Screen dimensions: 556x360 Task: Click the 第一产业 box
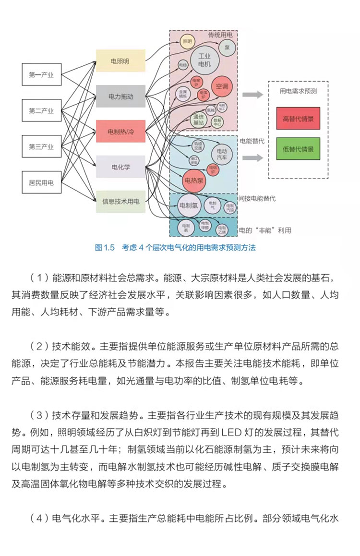pyautogui.click(x=41, y=75)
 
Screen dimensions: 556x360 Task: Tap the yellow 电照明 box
pyautogui.click(x=120, y=61)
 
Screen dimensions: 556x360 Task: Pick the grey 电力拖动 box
pyautogui.click(x=120, y=97)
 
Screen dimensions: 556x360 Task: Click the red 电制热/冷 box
pyautogui.click(x=120, y=132)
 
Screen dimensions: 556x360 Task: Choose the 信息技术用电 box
pyautogui.click(x=120, y=202)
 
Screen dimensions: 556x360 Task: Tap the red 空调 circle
pyautogui.click(x=222, y=86)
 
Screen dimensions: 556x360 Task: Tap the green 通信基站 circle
pyautogui.click(x=198, y=120)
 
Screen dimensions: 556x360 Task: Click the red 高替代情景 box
pyautogui.click(x=298, y=119)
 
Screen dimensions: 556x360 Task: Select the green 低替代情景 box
pyautogui.click(x=298, y=149)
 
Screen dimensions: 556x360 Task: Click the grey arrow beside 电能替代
pyautogui.click(x=252, y=157)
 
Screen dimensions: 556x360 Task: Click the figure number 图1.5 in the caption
pyautogui.click(x=105, y=248)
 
